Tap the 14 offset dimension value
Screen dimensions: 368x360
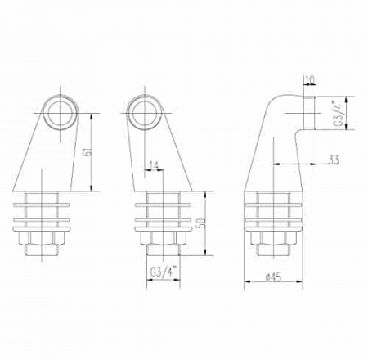pyautogui.click(x=154, y=165)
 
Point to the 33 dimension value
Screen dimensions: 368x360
pyautogui.click(x=334, y=160)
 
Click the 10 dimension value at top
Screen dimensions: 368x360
pyautogui.click(x=310, y=79)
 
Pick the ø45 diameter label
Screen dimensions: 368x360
pyautogui.click(x=273, y=277)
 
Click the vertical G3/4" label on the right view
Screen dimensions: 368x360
pyautogui.click(x=339, y=114)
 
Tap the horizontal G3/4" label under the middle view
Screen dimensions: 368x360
pyautogui.click(x=164, y=272)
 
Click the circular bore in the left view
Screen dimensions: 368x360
pyautogui.click(x=61, y=112)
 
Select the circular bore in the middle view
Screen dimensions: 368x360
pyautogui.click(x=145, y=112)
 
